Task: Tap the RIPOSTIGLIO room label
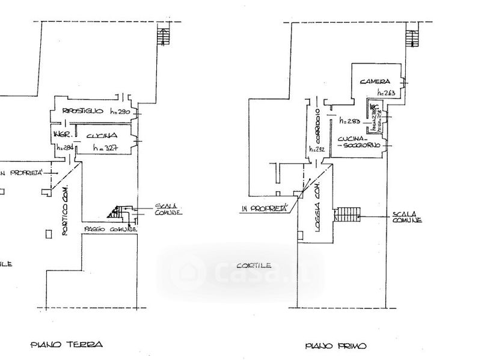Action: (84, 112)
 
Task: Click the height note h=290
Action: (121, 112)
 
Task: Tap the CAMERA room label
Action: (376, 81)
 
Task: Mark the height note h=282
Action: (317, 149)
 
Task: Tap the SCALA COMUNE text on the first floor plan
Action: (406, 218)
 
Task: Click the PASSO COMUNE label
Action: (111, 230)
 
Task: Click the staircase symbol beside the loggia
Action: (347, 215)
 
